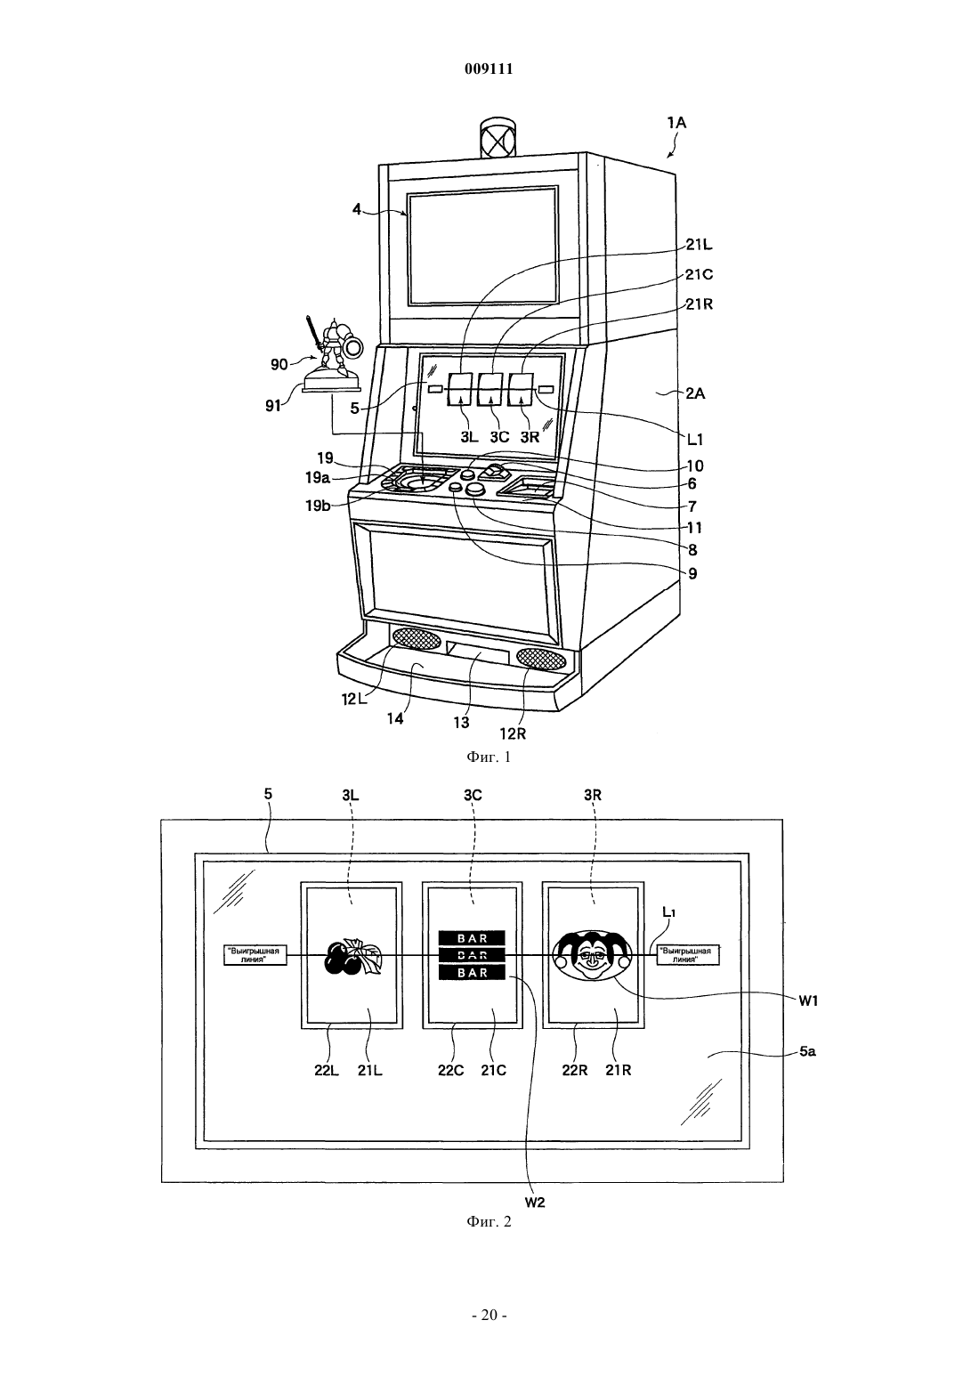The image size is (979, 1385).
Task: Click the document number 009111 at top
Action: click(489, 69)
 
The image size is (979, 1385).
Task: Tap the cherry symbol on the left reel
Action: click(353, 957)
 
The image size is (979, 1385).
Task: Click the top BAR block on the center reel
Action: click(473, 938)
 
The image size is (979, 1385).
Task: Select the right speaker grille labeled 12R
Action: click(541, 659)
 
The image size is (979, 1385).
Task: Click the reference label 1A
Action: click(676, 123)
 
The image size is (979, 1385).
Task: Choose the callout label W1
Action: click(808, 1001)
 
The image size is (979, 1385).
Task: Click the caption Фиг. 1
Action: click(489, 757)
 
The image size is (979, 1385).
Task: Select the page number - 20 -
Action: click(489, 1316)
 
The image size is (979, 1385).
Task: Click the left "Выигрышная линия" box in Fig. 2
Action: click(255, 955)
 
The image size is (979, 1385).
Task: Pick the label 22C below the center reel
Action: click(450, 1070)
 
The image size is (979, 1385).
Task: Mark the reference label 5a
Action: click(807, 1051)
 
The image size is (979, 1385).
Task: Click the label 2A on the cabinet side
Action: click(695, 393)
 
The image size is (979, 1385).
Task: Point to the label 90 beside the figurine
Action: click(279, 364)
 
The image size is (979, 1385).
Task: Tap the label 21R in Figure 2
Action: click(618, 1070)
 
